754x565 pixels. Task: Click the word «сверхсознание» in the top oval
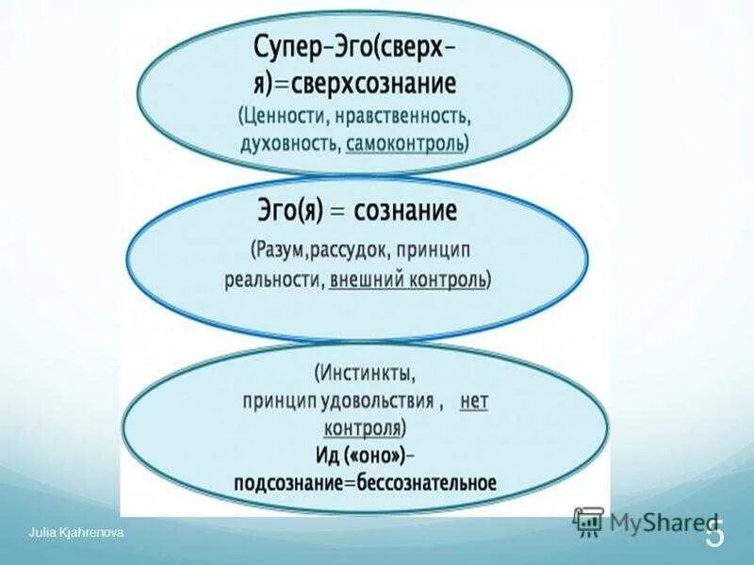tap(373, 84)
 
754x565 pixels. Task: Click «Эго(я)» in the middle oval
tap(285, 212)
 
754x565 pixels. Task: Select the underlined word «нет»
tap(474, 400)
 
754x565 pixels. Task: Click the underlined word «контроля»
tap(363, 427)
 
